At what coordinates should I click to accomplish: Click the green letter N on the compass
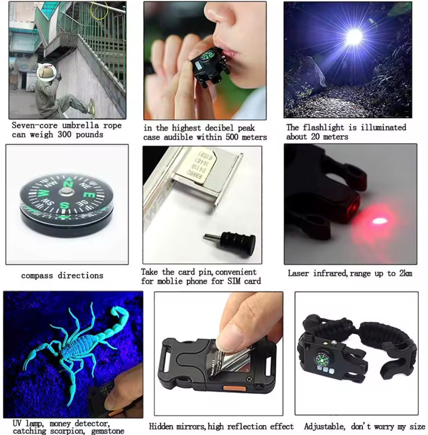pyautogui.click(x=68, y=183)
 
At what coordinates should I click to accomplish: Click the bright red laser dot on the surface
pyautogui.click(x=378, y=221)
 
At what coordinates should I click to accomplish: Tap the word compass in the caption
pyautogui.click(x=37, y=276)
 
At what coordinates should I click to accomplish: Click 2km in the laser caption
pyautogui.click(x=406, y=273)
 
